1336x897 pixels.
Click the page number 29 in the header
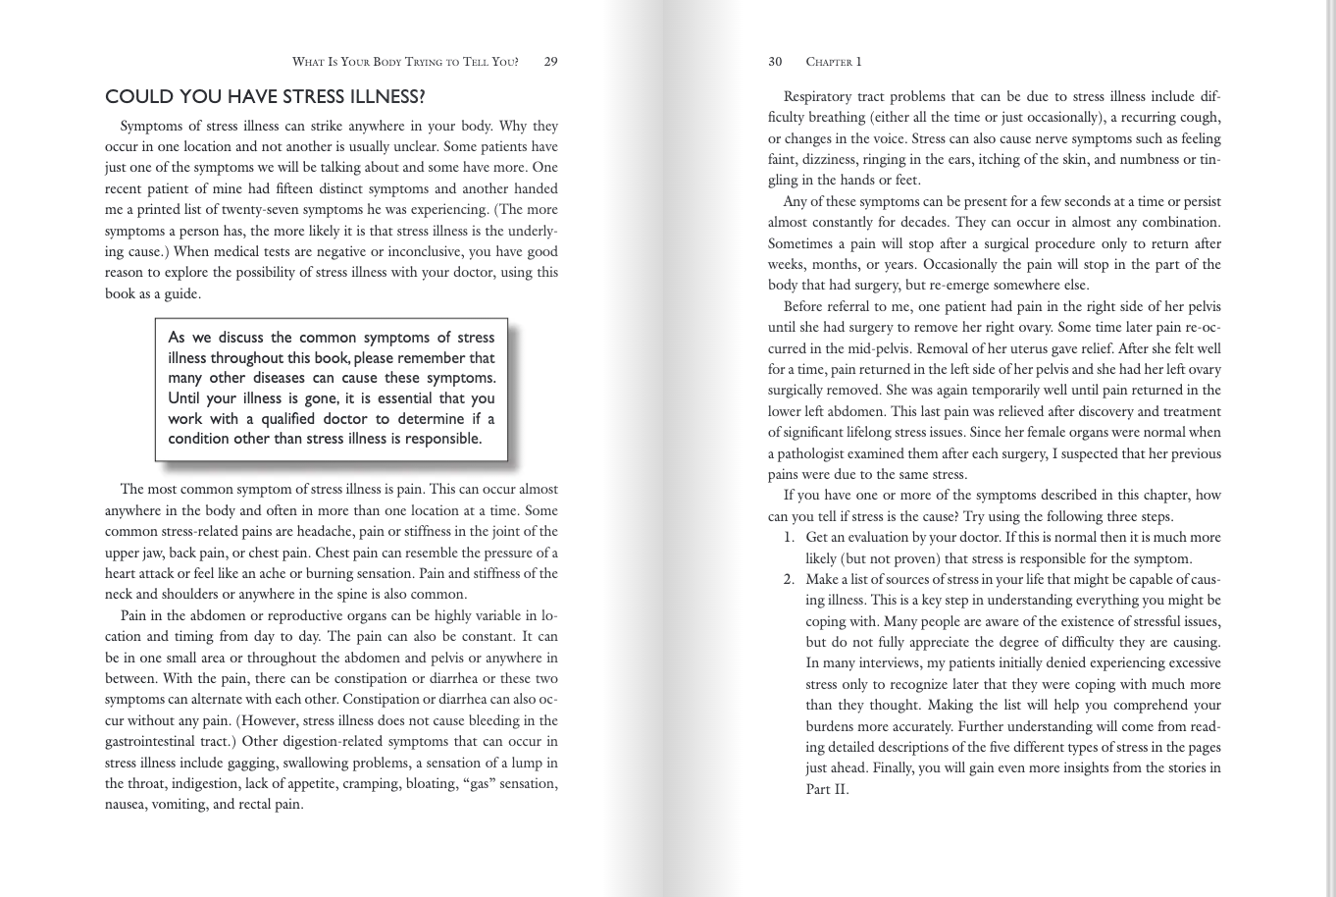550,62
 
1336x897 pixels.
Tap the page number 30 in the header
775,62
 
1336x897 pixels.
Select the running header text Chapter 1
834,62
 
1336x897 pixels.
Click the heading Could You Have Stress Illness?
265,97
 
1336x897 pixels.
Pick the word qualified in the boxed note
288,418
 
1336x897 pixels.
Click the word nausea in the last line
126,805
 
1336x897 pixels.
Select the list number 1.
789,538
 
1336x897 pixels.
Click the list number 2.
789,579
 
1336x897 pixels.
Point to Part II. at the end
826,789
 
